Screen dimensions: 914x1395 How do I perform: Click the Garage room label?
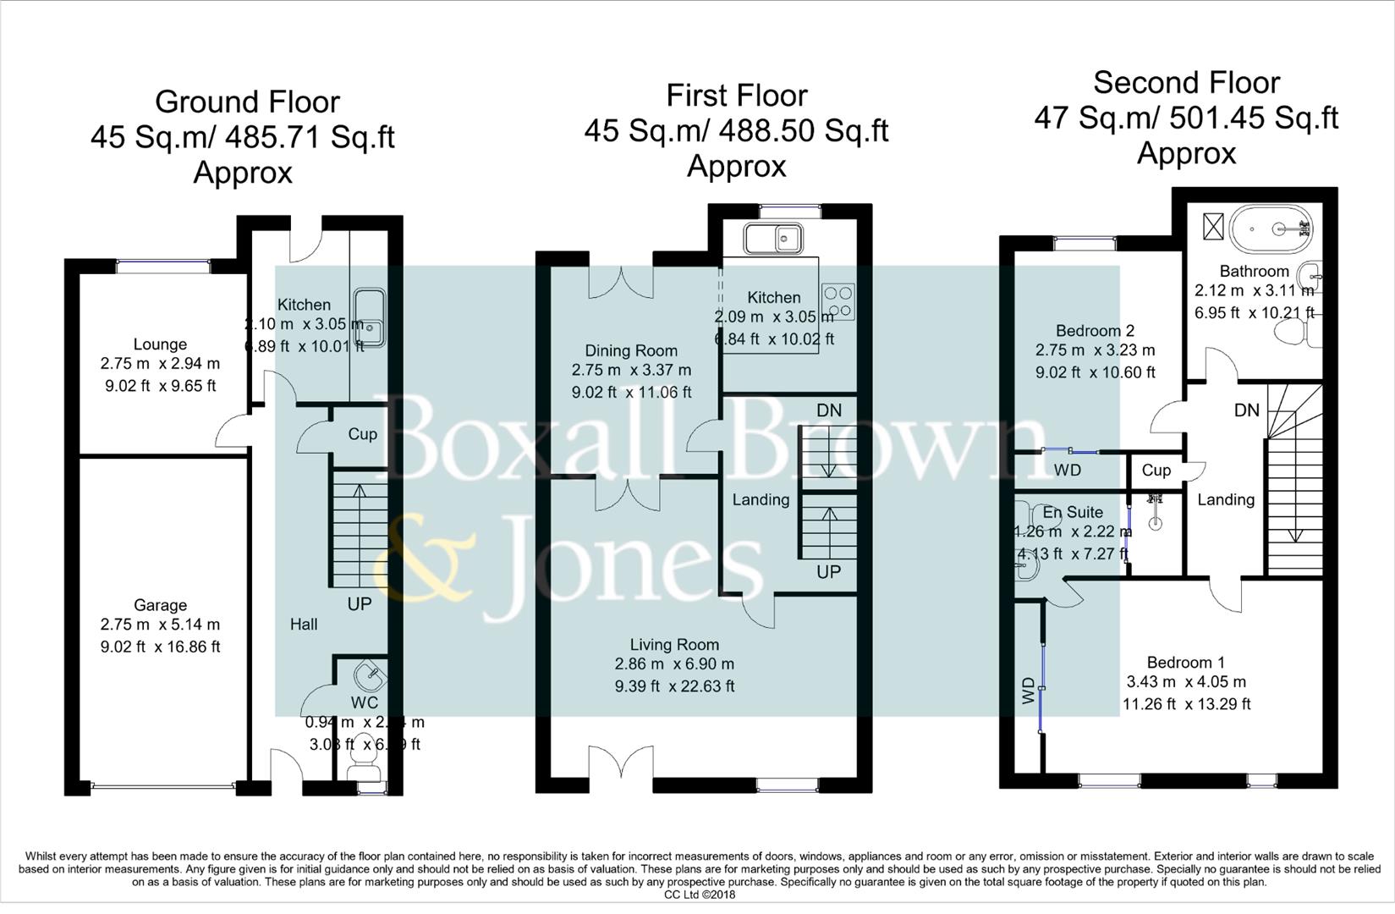pyautogui.click(x=160, y=605)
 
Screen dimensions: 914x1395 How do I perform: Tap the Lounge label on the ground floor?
pyautogui.click(x=160, y=344)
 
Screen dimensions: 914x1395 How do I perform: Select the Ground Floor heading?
pyautogui.click(x=247, y=102)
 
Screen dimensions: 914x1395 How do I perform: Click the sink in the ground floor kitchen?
pyautogui.click(x=370, y=317)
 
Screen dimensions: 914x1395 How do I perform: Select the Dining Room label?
pyautogui.click(x=631, y=350)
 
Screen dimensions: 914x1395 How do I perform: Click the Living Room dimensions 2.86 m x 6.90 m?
pyautogui.click(x=674, y=664)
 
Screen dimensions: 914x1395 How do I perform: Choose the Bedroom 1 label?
pyautogui.click(x=1185, y=663)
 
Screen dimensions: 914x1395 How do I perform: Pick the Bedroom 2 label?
pyautogui.click(x=1095, y=331)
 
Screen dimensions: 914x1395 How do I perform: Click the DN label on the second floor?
pyautogui.click(x=1246, y=410)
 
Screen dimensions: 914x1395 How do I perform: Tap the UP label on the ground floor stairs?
pyautogui.click(x=360, y=604)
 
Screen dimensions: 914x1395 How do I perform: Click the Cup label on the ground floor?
pyautogui.click(x=362, y=434)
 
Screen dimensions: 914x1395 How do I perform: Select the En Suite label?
pyautogui.click(x=1073, y=512)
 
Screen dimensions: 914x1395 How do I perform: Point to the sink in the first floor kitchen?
pyautogui.click(x=773, y=238)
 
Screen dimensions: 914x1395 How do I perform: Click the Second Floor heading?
pyautogui.click(x=1186, y=83)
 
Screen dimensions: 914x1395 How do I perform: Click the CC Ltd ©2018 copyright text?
pyautogui.click(x=700, y=895)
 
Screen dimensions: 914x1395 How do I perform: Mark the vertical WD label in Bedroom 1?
pyautogui.click(x=1029, y=691)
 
